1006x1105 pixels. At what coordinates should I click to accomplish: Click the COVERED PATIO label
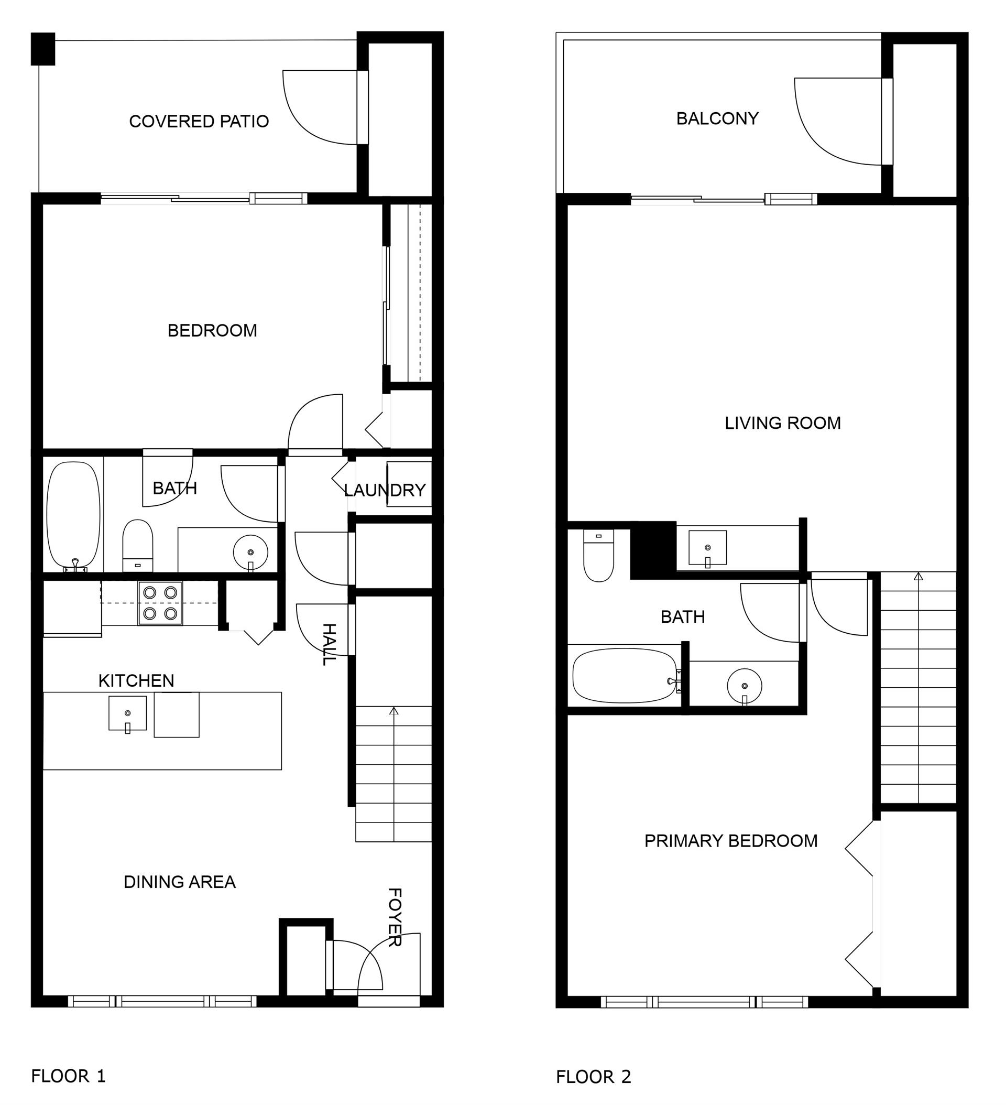(199, 121)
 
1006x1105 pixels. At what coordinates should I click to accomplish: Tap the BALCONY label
(717, 118)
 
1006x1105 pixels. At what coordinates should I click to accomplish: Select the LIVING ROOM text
(782, 423)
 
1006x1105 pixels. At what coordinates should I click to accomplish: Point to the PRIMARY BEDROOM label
(731, 841)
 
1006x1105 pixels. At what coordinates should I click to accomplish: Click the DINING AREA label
(180, 882)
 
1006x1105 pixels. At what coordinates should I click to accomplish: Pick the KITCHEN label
(136, 681)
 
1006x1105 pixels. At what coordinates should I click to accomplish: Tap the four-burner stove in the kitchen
(160, 603)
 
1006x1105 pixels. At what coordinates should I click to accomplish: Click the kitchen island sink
(128, 713)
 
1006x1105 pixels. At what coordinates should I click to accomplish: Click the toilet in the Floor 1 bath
(137, 546)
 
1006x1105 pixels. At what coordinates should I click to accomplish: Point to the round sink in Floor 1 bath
(250, 553)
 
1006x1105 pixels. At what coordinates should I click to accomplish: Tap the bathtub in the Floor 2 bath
(625, 676)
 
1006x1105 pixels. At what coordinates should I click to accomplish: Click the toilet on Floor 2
(598, 555)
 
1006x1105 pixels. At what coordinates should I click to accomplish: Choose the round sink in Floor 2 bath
(744, 686)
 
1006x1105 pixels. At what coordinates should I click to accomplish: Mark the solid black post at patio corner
(43, 49)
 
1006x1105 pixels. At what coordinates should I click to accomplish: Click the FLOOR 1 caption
(69, 1076)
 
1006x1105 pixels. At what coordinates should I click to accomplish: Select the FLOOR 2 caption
(594, 1077)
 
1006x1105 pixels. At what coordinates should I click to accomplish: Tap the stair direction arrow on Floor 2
(918, 577)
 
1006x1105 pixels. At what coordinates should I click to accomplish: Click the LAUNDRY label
(385, 490)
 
